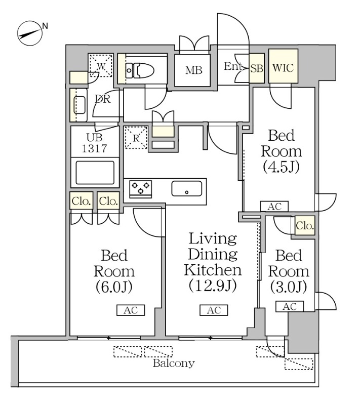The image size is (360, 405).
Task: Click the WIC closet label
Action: (x=283, y=68)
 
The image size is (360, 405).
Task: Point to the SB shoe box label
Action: (x=257, y=68)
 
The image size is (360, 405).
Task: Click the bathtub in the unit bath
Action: (x=95, y=173)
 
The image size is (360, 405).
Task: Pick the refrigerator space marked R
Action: (x=136, y=136)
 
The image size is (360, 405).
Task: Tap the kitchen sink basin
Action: (x=187, y=188)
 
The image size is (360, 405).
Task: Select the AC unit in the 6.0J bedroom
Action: (x=131, y=310)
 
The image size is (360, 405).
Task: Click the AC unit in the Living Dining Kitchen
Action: (x=214, y=310)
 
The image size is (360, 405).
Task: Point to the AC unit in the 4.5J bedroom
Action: (x=274, y=206)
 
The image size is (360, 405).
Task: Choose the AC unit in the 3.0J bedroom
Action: (x=289, y=306)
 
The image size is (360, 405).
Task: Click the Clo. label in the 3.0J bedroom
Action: (x=305, y=226)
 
